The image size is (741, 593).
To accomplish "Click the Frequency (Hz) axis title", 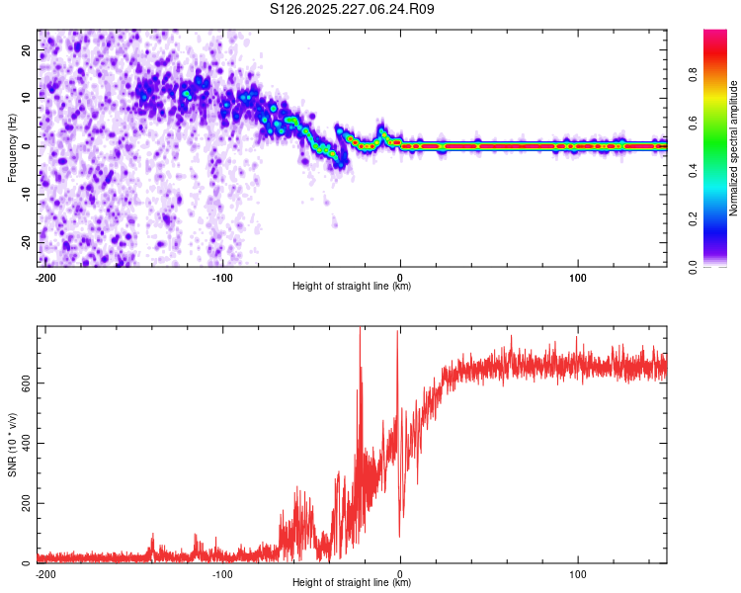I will (12, 148).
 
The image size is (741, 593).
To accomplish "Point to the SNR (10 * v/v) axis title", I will (12, 445).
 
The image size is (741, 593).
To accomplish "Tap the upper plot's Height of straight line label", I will (352, 286).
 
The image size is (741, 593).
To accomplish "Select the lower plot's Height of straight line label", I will (352, 582).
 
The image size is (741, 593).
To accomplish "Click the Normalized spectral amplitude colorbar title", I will (733, 148).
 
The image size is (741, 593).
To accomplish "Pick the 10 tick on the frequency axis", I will (27, 98).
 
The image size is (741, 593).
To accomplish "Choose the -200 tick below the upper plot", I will (44, 277).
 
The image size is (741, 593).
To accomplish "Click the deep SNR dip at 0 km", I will (400, 535).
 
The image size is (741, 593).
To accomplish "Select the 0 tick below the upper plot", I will (400, 277).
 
